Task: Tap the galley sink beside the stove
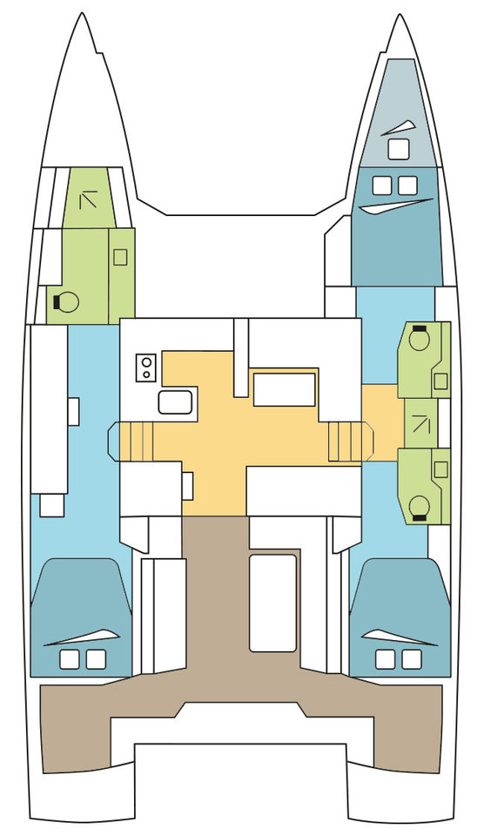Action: [x=175, y=401]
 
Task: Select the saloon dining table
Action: [x=284, y=389]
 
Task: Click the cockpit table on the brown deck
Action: [x=272, y=601]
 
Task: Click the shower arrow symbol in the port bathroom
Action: [x=89, y=200]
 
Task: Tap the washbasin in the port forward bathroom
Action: [x=120, y=257]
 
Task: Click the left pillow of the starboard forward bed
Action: [x=381, y=185]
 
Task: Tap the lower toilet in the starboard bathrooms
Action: [x=420, y=506]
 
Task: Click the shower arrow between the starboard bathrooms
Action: [x=422, y=423]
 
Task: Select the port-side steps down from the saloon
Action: [x=135, y=442]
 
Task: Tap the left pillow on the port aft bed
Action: [x=69, y=659]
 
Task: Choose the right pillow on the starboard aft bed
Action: [x=409, y=659]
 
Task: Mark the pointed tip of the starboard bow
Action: [x=399, y=17]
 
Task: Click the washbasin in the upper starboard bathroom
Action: [x=440, y=381]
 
